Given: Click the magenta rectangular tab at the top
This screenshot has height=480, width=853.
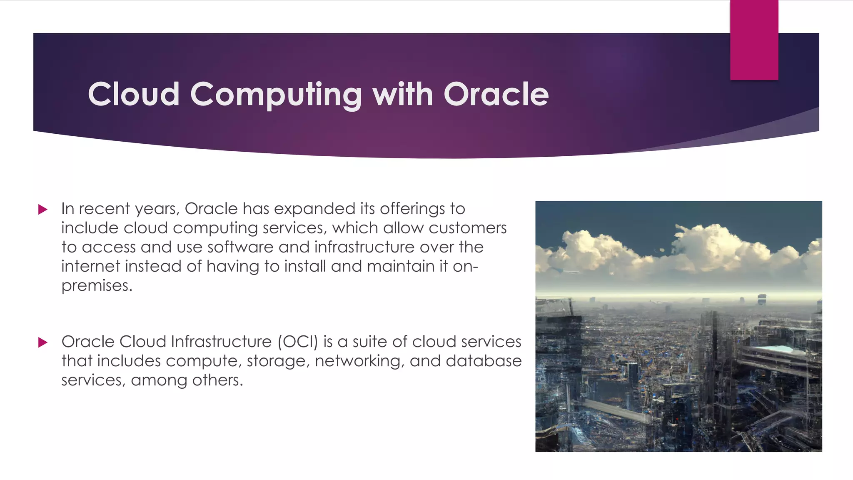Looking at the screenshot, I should click(x=754, y=40).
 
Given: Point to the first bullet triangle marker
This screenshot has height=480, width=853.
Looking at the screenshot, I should click(x=42, y=209).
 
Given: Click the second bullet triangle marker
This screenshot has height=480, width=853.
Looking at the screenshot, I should click(x=42, y=342).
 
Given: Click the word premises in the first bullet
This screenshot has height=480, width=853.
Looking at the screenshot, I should click(x=96, y=286).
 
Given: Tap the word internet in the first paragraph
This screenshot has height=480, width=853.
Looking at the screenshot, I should click(x=90, y=266).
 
